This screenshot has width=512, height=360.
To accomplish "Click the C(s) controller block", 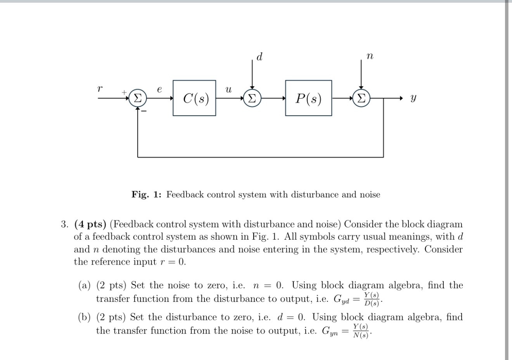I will pos(194,98).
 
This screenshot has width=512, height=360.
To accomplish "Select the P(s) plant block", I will pos(308,98).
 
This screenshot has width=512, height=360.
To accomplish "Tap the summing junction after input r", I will pos(138,98).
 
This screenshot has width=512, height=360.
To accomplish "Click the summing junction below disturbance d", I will pos(252,98).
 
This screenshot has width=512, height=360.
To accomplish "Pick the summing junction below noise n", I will pos(361,98).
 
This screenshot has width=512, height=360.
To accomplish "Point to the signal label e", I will pos(159,89).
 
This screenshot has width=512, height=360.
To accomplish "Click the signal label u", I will pos(228,90).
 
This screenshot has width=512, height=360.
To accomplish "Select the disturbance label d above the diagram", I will pos(259,57).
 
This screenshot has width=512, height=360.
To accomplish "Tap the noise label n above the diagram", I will pos(370,57).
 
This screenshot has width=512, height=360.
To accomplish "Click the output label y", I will pos(413,99).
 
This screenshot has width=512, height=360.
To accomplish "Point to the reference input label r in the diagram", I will pos(100,89).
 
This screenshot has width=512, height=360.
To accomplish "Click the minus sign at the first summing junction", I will pos(144,111).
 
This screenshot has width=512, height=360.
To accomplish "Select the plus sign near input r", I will pos(124,92).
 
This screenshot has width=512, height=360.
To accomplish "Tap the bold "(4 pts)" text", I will pos(90,224).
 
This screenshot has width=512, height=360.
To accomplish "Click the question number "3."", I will pos(64,224).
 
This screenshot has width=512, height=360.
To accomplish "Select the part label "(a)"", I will pos(85,286).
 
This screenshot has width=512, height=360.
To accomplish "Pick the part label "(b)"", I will pos(85,317).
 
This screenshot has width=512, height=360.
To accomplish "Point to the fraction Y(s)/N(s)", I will pos(360,331).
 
